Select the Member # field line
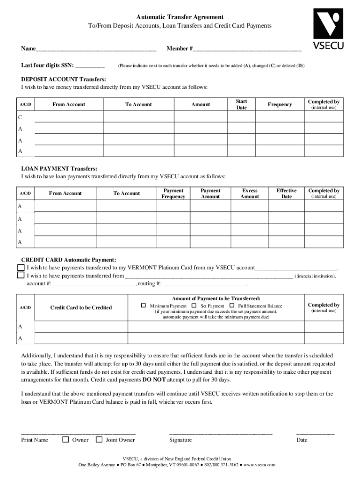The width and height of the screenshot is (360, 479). [247, 49]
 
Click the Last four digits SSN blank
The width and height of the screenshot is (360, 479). [90, 66]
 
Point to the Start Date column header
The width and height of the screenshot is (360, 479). [241, 104]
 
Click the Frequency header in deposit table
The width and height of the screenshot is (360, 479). [280, 105]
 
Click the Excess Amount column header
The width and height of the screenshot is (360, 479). [250, 194]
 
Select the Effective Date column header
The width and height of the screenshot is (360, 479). [286, 194]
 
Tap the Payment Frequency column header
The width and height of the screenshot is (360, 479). [173, 194]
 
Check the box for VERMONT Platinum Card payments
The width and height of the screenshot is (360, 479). [21, 268]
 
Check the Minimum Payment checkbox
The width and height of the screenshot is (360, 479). [144, 305]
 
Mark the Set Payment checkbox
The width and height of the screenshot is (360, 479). [194, 305]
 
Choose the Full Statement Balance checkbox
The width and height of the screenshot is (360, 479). [231, 305]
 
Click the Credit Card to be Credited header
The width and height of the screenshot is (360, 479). [81, 307]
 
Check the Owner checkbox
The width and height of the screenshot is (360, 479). [66, 439]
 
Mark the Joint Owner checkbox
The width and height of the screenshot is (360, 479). [99, 439]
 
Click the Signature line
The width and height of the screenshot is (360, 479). [220, 434]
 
